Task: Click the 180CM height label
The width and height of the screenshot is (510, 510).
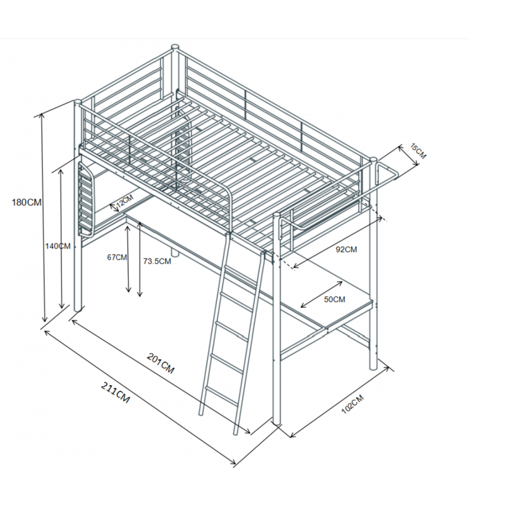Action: click(x=27, y=202)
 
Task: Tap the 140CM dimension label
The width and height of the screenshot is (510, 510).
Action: click(x=57, y=246)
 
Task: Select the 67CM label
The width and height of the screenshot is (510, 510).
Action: click(x=117, y=258)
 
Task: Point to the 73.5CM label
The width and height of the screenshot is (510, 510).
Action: click(x=157, y=261)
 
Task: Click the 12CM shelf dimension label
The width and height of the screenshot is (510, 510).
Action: click(x=125, y=201)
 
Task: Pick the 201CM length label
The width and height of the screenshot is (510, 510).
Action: click(x=161, y=363)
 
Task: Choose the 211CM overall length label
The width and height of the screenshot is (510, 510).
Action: click(x=115, y=393)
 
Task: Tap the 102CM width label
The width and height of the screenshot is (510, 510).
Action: click(x=353, y=404)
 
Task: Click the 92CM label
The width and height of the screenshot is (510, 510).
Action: click(x=346, y=249)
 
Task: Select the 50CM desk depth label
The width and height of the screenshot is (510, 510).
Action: click(x=334, y=299)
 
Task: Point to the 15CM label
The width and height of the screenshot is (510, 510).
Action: click(x=418, y=151)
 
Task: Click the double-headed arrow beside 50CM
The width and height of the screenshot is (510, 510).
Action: click(x=321, y=295)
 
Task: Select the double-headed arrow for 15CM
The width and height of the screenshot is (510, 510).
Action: click(x=409, y=156)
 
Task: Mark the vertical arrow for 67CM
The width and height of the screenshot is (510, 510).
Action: click(x=128, y=259)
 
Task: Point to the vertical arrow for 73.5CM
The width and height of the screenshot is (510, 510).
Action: click(x=140, y=259)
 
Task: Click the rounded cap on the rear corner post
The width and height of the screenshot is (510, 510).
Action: click(x=175, y=47)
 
